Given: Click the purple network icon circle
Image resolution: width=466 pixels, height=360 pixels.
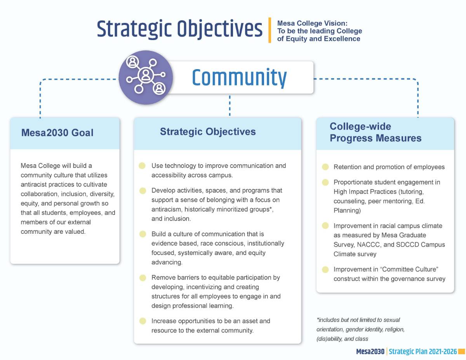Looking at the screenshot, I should [145, 78].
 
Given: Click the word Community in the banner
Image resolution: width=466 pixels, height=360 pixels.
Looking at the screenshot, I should [239, 78].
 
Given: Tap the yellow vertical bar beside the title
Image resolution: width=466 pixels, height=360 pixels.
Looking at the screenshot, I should [270, 30].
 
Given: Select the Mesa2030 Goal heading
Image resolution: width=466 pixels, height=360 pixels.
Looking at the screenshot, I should [57, 133].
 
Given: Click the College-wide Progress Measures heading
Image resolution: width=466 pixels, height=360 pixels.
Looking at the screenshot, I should [375, 132].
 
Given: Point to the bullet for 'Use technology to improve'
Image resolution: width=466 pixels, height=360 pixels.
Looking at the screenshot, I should [143, 166].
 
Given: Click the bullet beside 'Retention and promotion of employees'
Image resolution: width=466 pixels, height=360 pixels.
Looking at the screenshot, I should [325, 167].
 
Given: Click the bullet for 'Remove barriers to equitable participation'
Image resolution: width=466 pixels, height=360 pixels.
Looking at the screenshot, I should [143, 278].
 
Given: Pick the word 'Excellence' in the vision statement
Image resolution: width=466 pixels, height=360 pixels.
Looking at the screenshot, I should [343, 39].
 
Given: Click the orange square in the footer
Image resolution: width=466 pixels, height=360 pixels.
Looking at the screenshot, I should [462, 352].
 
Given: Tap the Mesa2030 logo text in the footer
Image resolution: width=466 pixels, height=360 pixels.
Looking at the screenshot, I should [370, 352].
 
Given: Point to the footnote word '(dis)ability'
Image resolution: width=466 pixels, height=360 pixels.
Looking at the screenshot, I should [330, 339].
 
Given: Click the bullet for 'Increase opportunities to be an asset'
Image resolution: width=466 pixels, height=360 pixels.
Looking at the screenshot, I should [143, 321].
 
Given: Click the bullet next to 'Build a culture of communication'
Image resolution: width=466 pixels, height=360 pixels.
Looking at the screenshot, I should [143, 234].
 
